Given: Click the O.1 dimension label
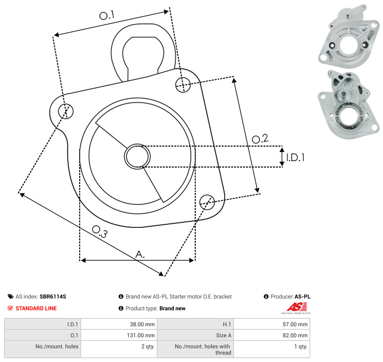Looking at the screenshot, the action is tap(107, 15).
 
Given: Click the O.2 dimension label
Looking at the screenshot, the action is tap(260, 139).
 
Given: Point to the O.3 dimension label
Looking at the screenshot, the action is tap(100, 231).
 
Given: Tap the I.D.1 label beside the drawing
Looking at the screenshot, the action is tap(295, 158).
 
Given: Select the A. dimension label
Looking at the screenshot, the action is tap(140, 254).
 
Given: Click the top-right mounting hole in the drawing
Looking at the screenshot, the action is tap(183, 85).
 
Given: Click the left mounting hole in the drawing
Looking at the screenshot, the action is tap(66, 111).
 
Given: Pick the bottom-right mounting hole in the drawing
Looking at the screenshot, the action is tap(207, 202).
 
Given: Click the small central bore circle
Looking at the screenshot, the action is tap(137, 157).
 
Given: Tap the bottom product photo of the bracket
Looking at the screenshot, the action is tap(349, 105).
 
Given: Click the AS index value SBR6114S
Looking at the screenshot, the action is tap(53, 297).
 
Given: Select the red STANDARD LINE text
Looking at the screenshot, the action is tap(36, 308).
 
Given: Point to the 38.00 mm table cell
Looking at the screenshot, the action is tap(119, 324).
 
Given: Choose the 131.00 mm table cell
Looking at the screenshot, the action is tap(119, 335).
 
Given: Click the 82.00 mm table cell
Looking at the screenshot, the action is tap(271, 335).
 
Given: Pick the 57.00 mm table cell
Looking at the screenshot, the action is tap(271, 324).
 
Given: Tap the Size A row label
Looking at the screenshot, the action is tap(224, 336).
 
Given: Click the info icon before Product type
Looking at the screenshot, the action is tap(121, 308).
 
